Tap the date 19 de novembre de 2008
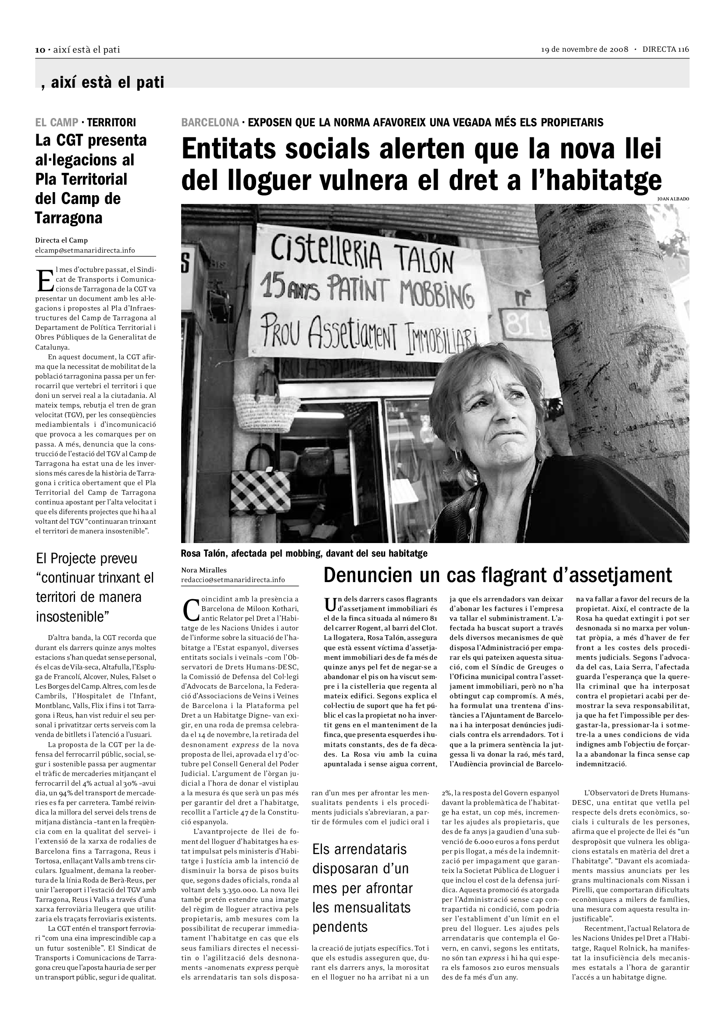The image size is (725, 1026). pyautogui.click(x=585, y=50)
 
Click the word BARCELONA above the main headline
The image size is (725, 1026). pyautogui.click(x=210, y=122)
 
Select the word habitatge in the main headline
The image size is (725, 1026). pyautogui.click(x=598, y=180)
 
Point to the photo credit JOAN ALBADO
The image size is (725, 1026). pyautogui.click(x=673, y=199)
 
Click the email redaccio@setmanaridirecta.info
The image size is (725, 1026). pyautogui.click(x=233, y=580)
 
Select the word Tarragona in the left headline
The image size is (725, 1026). pyautogui.click(x=69, y=218)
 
